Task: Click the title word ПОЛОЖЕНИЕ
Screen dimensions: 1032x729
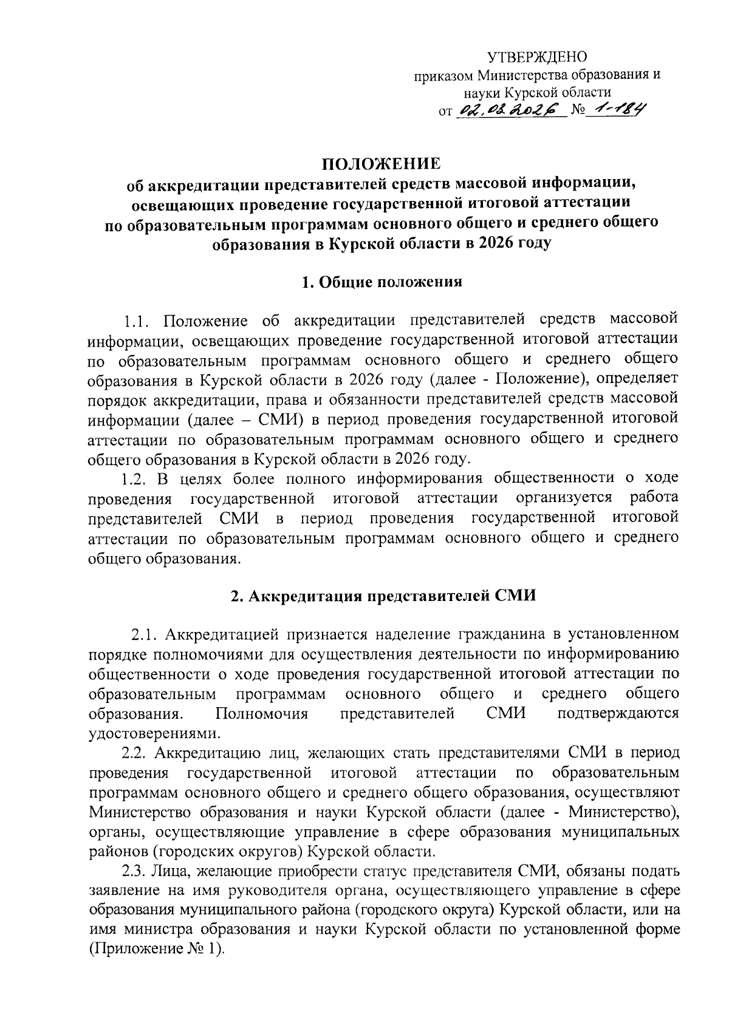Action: point(381,164)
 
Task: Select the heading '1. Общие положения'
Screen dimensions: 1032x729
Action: point(382,282)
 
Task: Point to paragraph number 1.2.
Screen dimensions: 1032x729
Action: point(135,479)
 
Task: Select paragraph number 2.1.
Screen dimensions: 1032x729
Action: point(146,635)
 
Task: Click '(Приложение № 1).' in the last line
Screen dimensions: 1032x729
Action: point(157,950)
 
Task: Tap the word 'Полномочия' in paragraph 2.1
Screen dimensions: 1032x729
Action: point(262,714)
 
